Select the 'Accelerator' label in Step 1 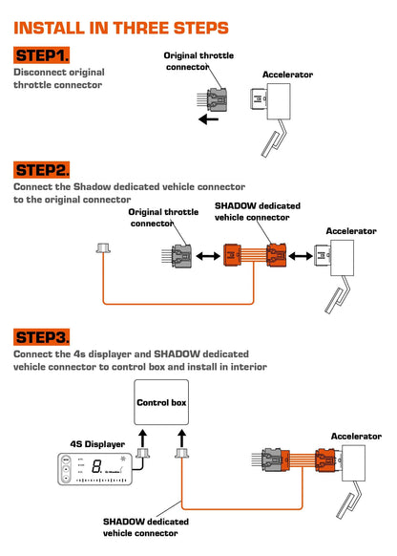(x=287, y=74)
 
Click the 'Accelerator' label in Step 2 (x=350, y=231)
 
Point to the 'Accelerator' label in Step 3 (x=355, y=436)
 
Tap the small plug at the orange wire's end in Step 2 (x=103, y=249)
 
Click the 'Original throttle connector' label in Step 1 (x=199, y=61)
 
